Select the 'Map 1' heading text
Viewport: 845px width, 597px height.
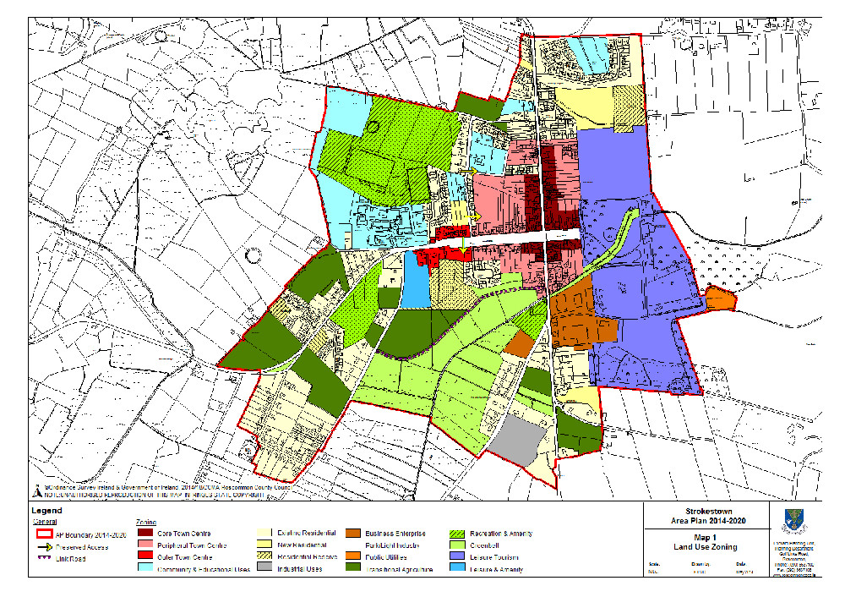pos(703,535)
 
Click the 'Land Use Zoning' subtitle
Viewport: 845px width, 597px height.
pos(703,545)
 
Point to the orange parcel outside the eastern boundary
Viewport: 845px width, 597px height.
pos(720,298)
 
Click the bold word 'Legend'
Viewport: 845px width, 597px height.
pos(46,512)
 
